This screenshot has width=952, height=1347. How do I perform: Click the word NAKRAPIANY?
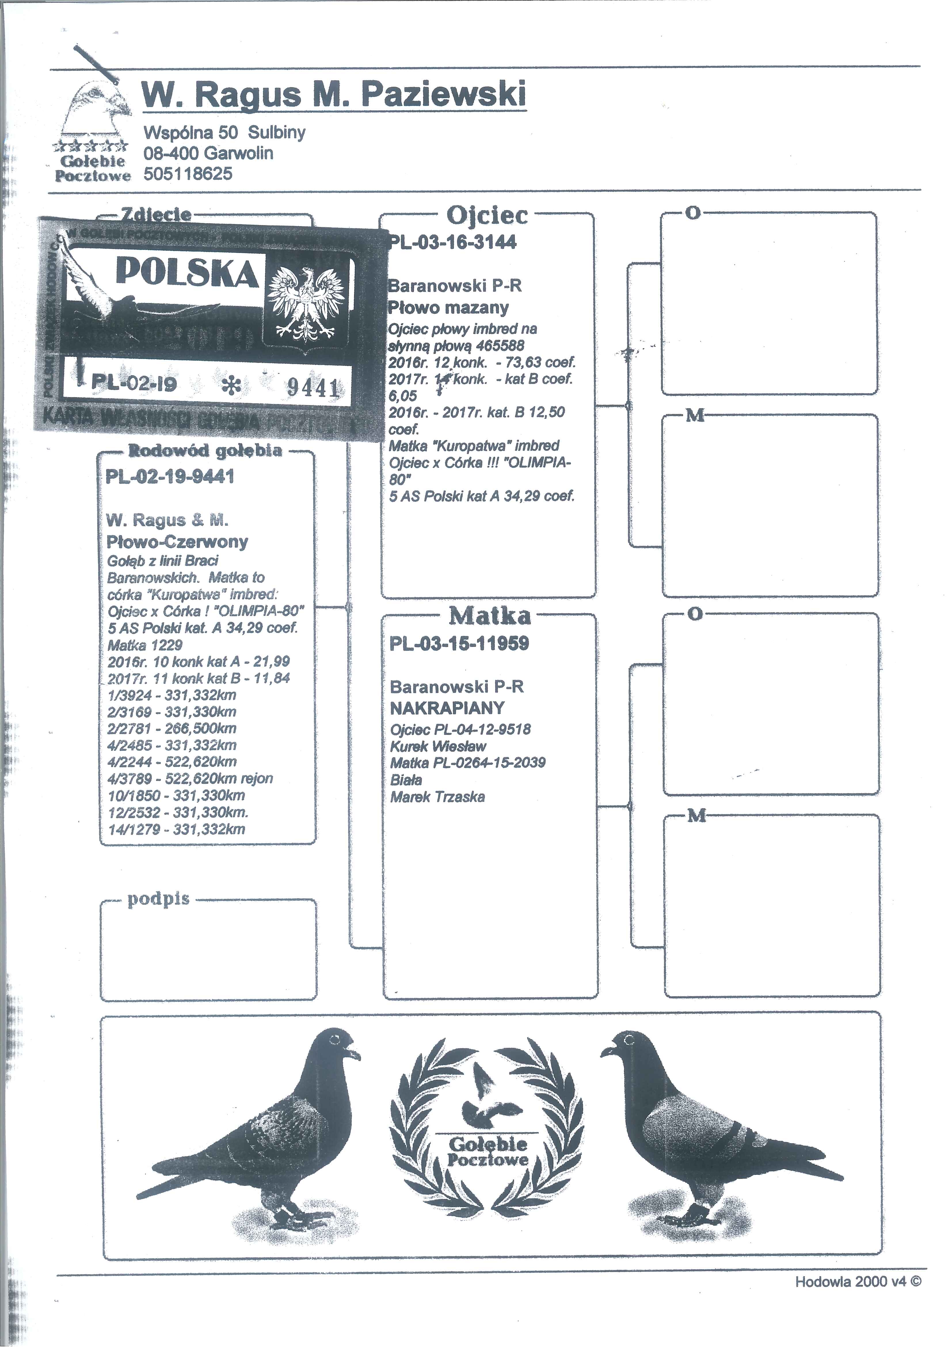tap(447, 708)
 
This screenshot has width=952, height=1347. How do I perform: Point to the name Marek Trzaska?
tap(437, 797)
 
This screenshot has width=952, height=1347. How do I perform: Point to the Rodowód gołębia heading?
tap(205, 450)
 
